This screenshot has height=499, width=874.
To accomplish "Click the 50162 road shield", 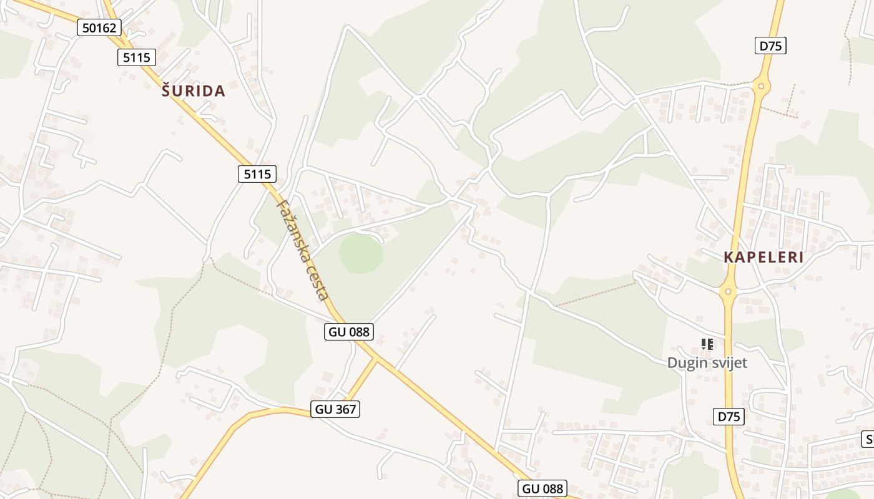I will click(x=99, y=27).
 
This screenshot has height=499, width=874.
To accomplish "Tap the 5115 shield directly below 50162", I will click(x=136, y=57).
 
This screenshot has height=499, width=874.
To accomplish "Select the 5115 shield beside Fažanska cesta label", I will click(x=257, y=174).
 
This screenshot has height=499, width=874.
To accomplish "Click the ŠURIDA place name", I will click(x=194, y=91).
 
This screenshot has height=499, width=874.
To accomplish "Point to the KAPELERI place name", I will click(x=764, y=257).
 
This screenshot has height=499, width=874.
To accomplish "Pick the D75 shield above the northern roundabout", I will click(x=770, y=46).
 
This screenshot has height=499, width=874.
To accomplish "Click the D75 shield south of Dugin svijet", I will click(x=729, y=416).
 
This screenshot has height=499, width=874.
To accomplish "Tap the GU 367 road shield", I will click(x=336, y=409).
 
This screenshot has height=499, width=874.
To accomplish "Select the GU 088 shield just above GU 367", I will click(x=350, y=332).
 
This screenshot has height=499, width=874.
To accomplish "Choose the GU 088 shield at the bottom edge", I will click(x=543, y=488).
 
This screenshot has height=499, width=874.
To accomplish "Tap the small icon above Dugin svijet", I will click(x=707, y=344).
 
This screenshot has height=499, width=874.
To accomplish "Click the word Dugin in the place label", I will click(x=687, y=362).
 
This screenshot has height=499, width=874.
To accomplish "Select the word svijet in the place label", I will click(x=729, y=362).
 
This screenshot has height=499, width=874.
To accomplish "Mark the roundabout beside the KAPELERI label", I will click(x=728, y=291).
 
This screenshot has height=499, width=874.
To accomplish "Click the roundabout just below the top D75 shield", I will click(x=761, y=86).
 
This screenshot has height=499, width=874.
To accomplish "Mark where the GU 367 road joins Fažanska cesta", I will click(x=376, y=359).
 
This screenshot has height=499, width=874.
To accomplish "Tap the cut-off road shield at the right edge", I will click(x=868, y=438).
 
